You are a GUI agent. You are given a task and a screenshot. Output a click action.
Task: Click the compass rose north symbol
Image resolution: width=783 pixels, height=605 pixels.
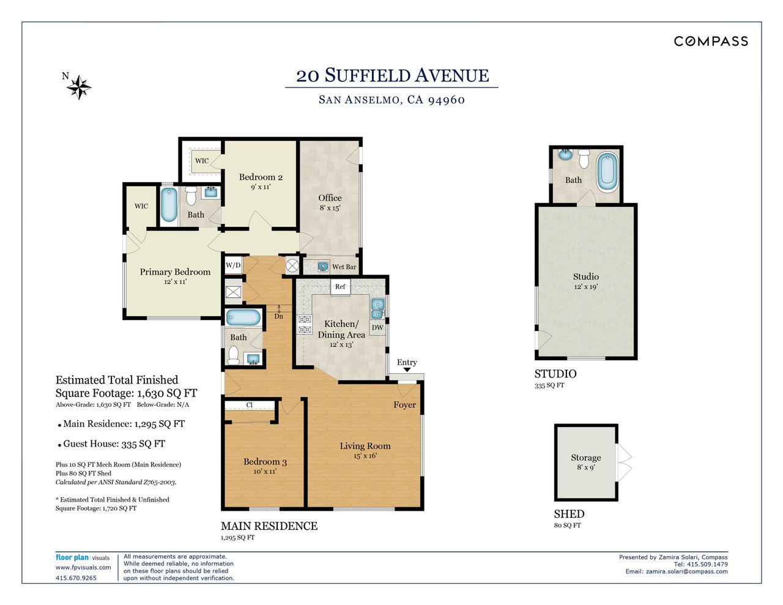78,87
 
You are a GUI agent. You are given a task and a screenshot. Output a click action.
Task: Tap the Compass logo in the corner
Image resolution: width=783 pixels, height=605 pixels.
711,42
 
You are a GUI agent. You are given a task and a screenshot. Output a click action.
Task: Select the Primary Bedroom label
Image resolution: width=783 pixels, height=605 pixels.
175,272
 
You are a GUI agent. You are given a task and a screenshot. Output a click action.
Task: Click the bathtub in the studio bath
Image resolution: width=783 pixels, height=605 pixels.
607,172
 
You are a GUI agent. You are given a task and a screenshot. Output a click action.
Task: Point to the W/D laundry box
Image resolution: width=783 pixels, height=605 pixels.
233,265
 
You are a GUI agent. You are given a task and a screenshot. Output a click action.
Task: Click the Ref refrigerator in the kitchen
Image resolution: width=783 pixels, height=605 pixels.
340,287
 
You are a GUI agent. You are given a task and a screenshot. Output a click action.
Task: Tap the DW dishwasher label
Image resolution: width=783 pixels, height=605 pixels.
377,327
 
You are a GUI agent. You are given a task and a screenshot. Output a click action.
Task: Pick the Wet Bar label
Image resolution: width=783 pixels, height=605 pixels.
344,267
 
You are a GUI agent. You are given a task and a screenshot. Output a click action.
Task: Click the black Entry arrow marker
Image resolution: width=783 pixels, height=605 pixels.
407,369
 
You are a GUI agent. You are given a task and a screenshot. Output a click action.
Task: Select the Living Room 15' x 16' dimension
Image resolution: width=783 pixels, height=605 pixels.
365,456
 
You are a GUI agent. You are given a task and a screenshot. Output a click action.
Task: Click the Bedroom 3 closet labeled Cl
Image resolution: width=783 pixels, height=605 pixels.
250,405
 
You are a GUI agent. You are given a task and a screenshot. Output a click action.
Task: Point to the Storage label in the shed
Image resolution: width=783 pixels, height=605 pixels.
586,458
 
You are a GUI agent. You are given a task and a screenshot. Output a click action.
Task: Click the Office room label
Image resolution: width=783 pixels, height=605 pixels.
330,198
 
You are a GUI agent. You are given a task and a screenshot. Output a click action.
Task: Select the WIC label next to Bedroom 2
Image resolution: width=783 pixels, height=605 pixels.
202,161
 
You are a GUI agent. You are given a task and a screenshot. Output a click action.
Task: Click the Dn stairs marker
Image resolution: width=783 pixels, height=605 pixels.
279,316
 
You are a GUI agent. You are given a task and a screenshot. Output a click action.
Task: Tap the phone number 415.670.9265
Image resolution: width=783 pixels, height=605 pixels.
76,578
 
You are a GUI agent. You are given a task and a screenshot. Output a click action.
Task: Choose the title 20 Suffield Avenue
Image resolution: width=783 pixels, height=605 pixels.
392,75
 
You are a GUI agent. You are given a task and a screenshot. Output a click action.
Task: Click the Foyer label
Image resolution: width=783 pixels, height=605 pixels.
404,405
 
